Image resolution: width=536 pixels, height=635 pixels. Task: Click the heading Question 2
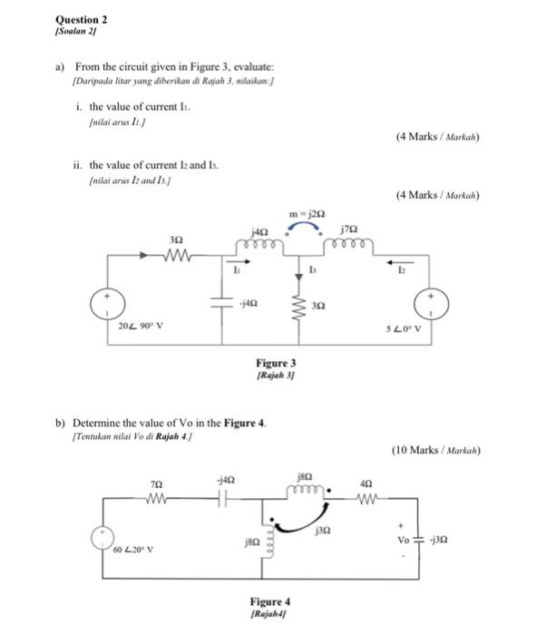(x=81, y=19)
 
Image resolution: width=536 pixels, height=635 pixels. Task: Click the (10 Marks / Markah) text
(x=435, y=449)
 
